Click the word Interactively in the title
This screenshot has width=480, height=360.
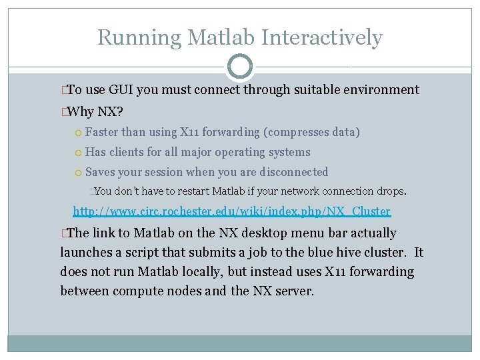coord(323,37)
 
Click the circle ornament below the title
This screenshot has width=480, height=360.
coord(240,67)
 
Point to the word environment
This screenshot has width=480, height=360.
coord(381,90)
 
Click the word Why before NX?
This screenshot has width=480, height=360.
coord(81,111)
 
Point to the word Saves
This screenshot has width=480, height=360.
coord(100,172)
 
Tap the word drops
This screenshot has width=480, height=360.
coord(391,191)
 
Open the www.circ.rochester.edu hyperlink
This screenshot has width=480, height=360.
coord(231,212)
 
